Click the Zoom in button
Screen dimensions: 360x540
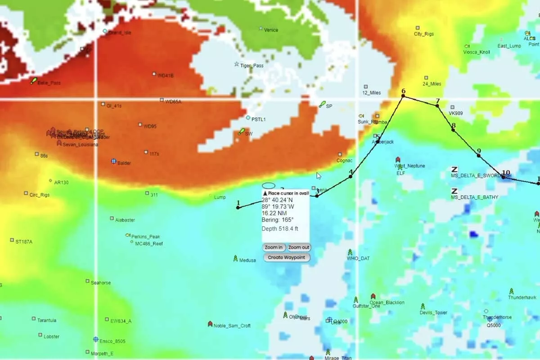tap(274, 247)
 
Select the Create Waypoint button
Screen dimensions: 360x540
tap(287, 257)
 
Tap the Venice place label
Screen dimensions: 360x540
tap(271, 30)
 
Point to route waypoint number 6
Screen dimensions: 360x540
tap(403, 96)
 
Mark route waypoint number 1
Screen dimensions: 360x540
tap(238, 207)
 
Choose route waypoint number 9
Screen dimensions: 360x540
tap(479, 156)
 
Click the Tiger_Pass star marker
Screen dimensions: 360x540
tap(237, 64)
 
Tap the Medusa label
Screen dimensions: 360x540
tap(247, 260)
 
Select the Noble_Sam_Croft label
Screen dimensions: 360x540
tap(232, 326)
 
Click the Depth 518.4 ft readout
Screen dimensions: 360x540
tap(279, 229)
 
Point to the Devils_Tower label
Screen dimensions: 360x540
tap(433, 312)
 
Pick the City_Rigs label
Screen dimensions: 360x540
tap(423, 34)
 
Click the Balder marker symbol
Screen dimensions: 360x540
tap(114, 161)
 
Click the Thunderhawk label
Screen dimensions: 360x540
tap(522, 297)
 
